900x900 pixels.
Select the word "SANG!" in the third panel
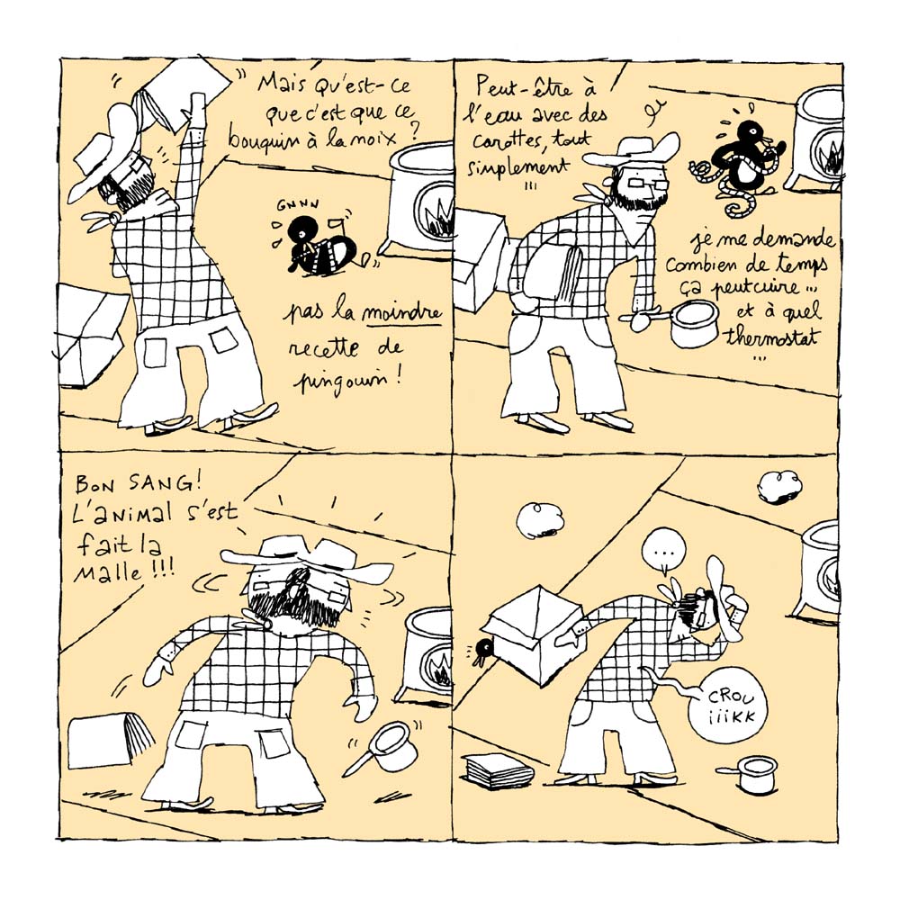click(x=160, y=486)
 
